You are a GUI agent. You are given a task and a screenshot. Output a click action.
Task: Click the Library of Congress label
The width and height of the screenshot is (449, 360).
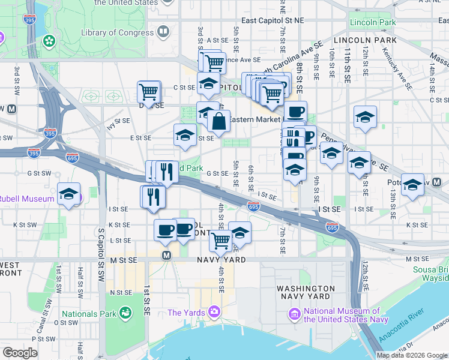point(115,32)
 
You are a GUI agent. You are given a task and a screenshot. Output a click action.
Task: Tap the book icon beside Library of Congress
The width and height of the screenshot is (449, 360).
point(163,31)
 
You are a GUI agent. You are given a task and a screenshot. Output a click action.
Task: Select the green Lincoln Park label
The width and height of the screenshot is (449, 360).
point(373,22)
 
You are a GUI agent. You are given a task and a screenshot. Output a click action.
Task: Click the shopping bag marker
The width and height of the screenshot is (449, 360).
point(220,121)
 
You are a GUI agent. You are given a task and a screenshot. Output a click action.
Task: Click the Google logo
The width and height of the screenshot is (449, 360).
point(20,353)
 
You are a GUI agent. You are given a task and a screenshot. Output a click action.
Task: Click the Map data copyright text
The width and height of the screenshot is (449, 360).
point(412,355)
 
